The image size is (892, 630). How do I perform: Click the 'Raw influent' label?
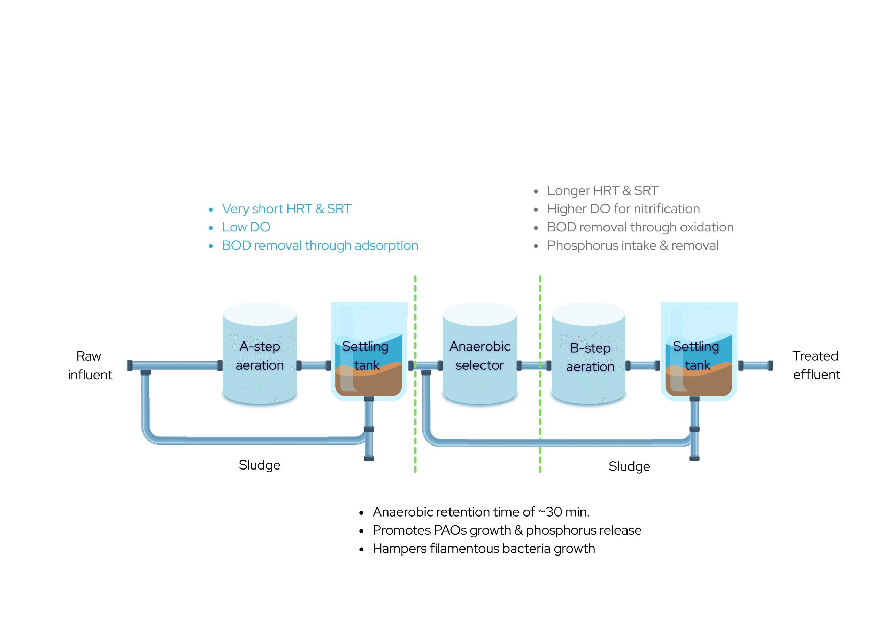90,365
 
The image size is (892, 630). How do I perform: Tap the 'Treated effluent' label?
816,365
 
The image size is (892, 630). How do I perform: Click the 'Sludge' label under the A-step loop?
260,465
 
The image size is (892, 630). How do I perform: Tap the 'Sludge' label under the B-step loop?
629,466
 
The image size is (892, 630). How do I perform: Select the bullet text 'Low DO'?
246,227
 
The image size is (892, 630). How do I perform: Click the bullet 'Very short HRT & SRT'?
287,209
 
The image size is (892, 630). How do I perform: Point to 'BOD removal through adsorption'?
320,245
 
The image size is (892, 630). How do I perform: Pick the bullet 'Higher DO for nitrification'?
623,209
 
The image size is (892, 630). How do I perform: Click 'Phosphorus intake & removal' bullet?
632,245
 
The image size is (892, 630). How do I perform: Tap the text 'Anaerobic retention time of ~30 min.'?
481,512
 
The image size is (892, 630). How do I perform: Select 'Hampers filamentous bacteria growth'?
484,549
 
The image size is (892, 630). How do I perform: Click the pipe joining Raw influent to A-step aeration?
175,365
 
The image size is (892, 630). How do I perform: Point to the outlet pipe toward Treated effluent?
756,365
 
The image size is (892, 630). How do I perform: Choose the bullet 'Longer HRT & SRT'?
602,191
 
